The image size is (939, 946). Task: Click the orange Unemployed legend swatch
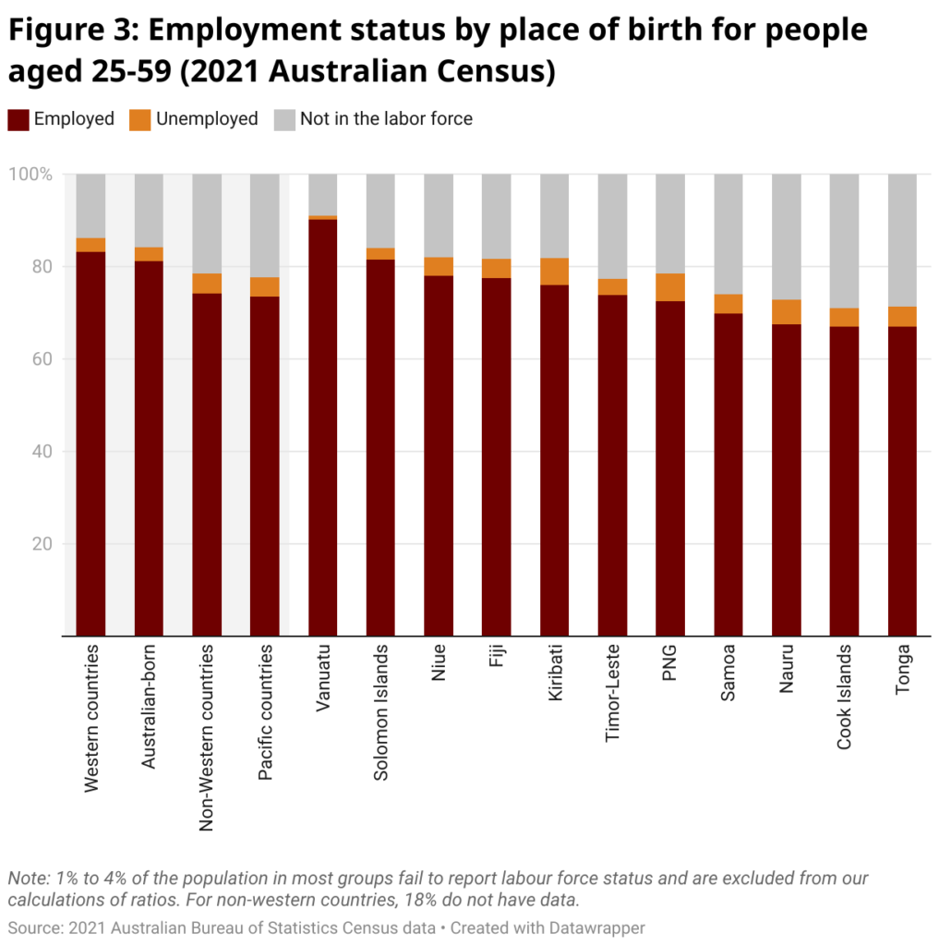138,119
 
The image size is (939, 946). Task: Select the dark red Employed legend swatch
18,119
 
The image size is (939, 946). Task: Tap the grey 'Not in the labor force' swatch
284,119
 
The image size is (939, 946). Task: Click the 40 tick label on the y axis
42,452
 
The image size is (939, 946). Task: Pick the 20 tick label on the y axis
42,544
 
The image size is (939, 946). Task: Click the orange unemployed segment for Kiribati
555,272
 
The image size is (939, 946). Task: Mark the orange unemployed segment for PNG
670,287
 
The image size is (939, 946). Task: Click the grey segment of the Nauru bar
787,236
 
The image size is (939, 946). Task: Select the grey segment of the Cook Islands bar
844,240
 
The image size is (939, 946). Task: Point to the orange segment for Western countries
90,245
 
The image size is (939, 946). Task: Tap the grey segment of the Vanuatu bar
323,194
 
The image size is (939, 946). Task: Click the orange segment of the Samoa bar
728,304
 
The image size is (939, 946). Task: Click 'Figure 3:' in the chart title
71,30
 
